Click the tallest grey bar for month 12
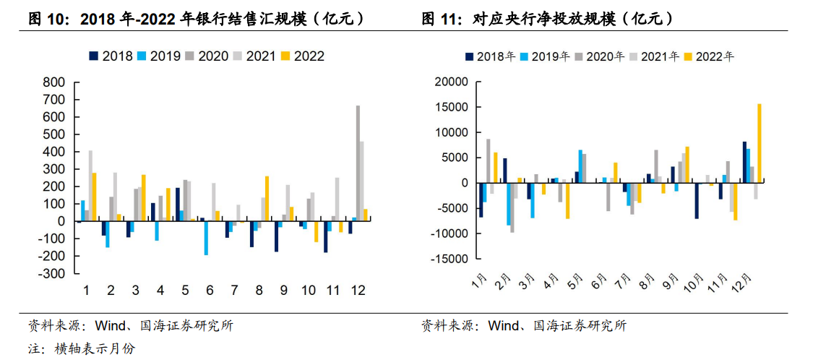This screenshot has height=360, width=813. click(x=358, y=163)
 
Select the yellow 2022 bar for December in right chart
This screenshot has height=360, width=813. click(x=759, y=143)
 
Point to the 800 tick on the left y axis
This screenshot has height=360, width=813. click(x=54, y=82)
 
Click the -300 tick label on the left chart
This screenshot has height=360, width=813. click(x=51, y=274)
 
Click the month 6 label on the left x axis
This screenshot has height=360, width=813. click(x=210, y=290)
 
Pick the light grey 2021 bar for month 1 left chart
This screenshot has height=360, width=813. click(x=90, y=186)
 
